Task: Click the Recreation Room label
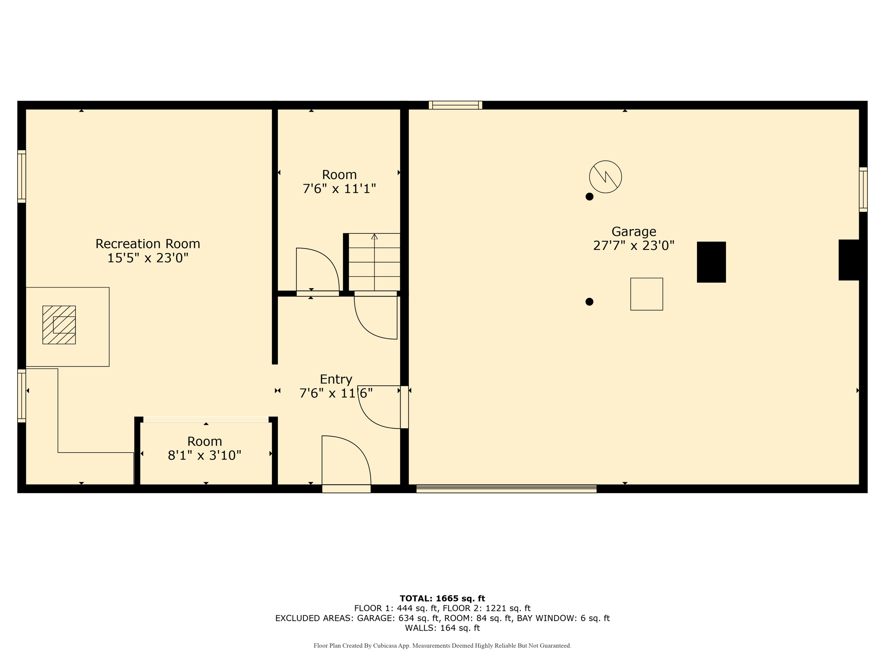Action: (x=148, y=244)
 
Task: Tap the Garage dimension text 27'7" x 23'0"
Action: (x=634, y=246)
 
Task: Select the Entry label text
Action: (x=336, y=379)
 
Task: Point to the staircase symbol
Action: (x=374, y=262)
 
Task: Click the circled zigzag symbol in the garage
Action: (x=605, y=177)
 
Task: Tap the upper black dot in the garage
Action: (x=589, y=197)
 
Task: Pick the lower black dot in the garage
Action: (x=589, y=302)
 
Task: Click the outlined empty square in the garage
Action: (x=646, y=294)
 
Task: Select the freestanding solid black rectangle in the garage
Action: (x=711, y=262)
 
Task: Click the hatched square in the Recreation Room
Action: (x=59, y=325)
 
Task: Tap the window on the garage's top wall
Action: (x=455, y=105)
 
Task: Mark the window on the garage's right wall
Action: (x=863, y=189)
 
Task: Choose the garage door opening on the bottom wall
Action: (x=506, y=488)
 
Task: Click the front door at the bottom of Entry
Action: (x=346, y=488)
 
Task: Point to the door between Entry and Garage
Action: (x=404, y=407)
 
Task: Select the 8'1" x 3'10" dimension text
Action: (x=204, y=455)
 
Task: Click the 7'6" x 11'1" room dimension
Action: (x=339, y=189)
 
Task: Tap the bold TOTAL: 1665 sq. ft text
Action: (x=442, y=598)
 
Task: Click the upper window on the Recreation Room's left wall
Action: (x=22, y=176)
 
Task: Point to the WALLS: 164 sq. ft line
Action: (x=442, y=628)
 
